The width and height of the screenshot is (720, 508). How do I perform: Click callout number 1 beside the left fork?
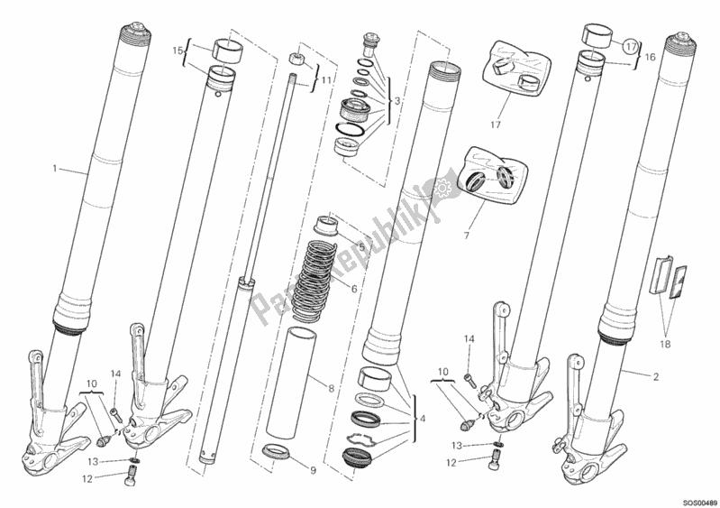pos(55,169)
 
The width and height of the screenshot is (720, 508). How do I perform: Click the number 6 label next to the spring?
pos(355,289)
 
